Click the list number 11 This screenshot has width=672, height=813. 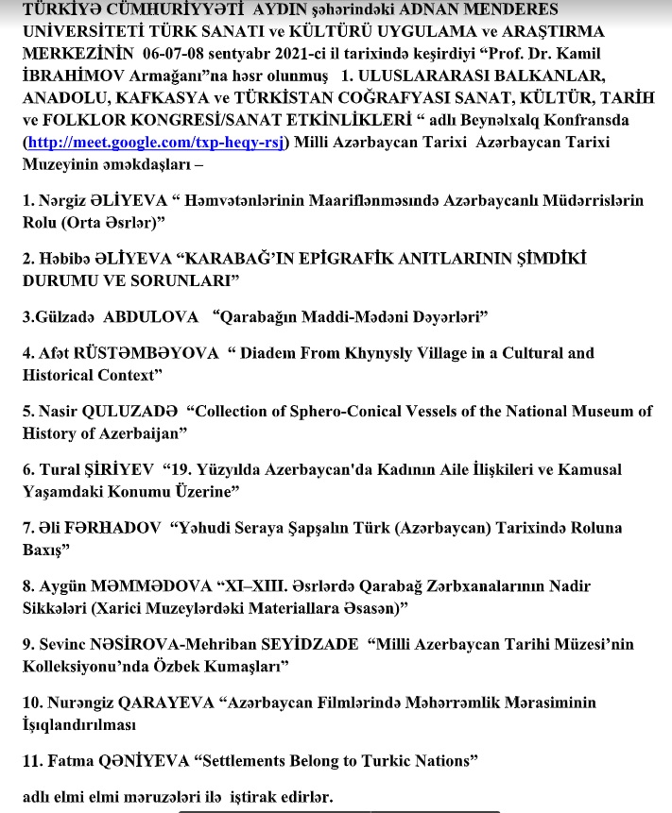[31, 760]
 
